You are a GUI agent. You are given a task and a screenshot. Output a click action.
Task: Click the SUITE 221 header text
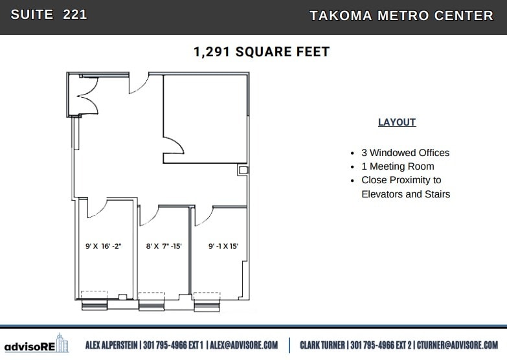49,15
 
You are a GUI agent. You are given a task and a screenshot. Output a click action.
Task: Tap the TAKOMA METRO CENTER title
401,16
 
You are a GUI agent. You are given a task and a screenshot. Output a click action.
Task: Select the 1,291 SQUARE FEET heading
262,52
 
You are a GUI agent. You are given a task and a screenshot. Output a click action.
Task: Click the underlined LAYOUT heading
397,122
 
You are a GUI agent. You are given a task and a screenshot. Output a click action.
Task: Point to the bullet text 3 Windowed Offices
405,153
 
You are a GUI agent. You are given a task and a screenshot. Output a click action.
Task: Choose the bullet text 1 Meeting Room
398,166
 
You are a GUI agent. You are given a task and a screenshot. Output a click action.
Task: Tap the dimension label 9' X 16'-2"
104,246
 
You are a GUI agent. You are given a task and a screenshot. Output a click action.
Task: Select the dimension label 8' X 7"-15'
164,246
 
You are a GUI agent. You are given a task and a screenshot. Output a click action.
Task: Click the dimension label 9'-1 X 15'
223,246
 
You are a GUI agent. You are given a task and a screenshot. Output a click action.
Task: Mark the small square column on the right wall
243,170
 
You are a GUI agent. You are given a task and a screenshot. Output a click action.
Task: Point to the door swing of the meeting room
171,146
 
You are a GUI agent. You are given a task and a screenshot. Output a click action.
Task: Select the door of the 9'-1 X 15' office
202,214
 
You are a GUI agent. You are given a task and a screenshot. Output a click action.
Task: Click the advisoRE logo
36,345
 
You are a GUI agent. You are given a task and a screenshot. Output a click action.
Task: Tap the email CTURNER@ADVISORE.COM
457,345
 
